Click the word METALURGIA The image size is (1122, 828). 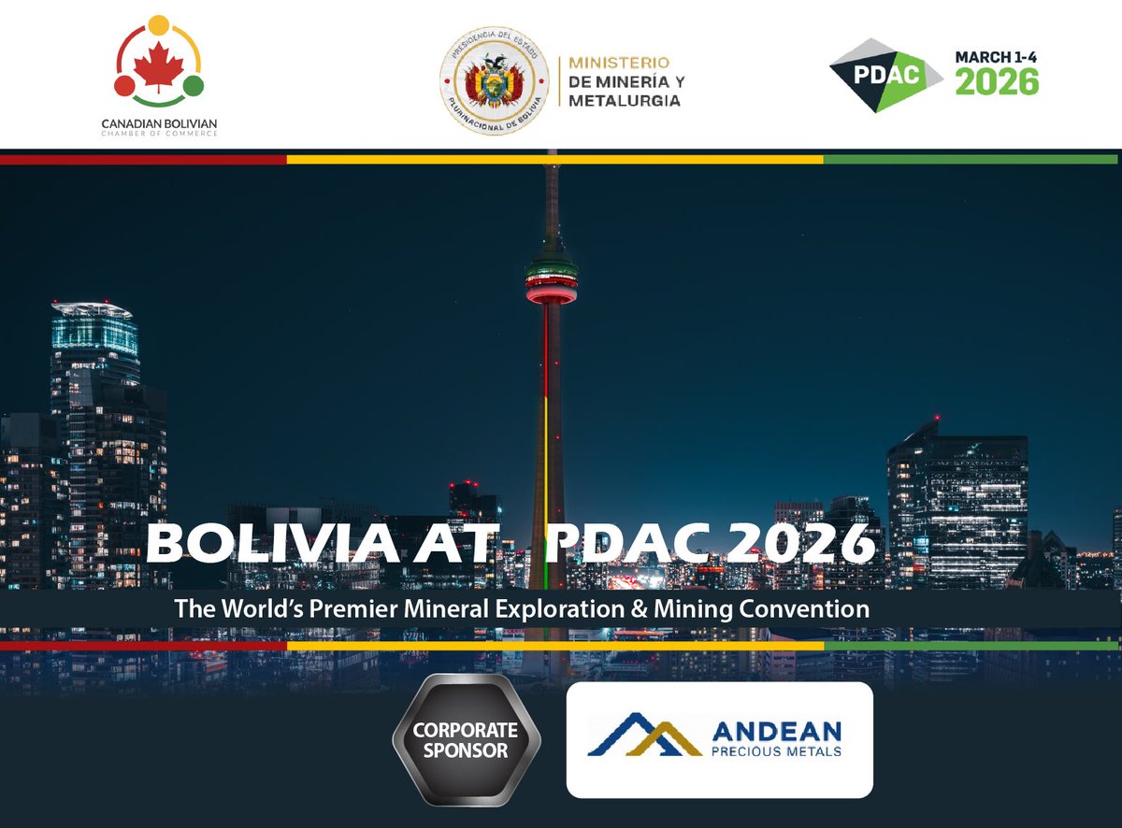tap(625, 100)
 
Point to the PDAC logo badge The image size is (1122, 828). tap(885, 75)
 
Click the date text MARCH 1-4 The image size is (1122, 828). tap(995, 57)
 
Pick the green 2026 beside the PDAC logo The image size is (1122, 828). tap(996, 82)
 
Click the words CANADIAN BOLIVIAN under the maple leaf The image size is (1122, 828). tap(159, 122)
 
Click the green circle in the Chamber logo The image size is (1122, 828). tap(193, 86)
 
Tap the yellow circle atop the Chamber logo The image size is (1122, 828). tap(158, 25)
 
